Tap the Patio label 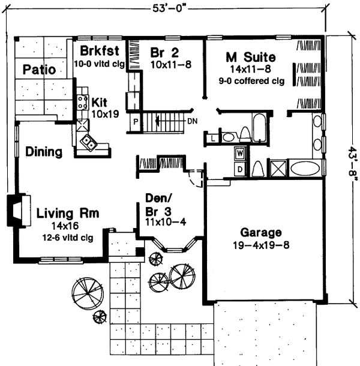40,70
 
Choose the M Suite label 250,58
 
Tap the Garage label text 261,232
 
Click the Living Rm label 67,213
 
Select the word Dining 44,152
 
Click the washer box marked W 239,154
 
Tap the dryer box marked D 239,169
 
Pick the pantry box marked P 136,121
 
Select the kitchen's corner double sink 88,142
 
